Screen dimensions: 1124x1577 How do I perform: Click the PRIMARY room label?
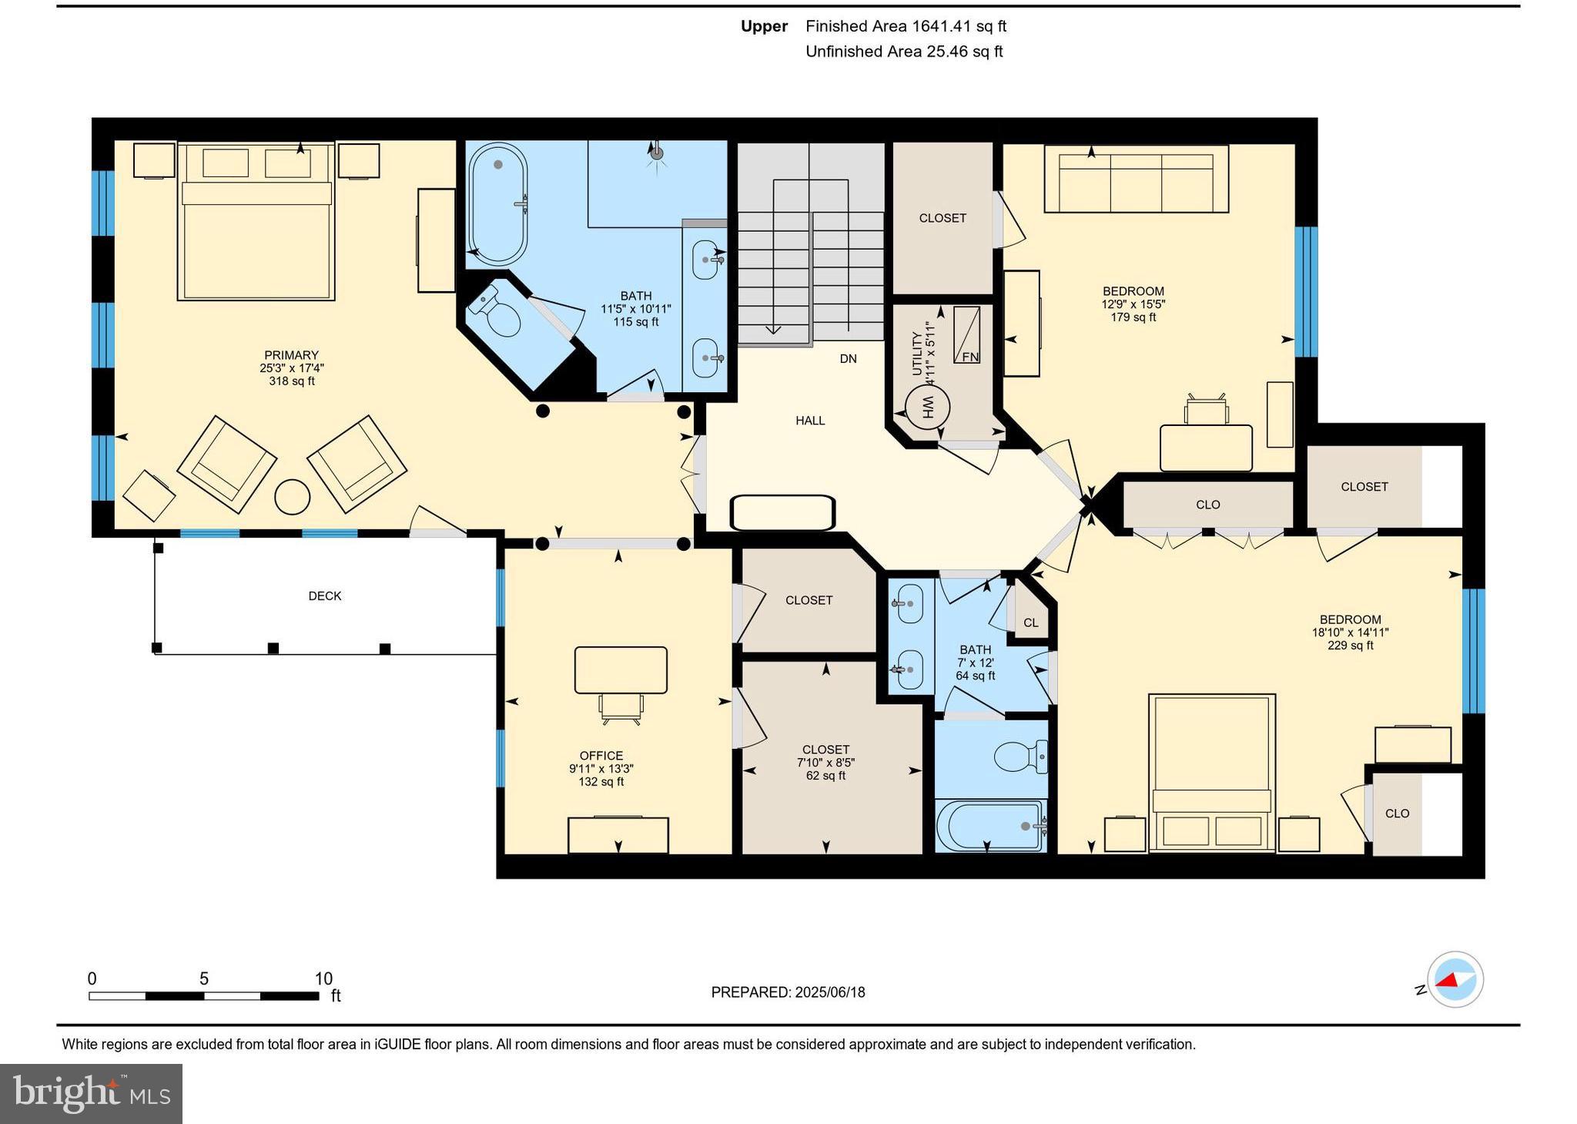point(291,355)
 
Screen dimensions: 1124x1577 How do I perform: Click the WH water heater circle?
point(927,406)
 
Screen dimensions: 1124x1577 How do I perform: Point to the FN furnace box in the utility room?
point(967,335)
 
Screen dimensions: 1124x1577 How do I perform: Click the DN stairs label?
point(848,359)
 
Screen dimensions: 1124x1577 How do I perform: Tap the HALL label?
point(810,421)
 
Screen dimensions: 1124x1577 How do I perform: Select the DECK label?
point(324,596)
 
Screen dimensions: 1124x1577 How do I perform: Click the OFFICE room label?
point(601,756)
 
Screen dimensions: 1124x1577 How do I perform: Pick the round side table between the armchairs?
point(293,497)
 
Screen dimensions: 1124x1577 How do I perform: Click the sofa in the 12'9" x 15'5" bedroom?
point(1136,179)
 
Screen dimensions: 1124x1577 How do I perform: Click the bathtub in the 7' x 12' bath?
point(991,826)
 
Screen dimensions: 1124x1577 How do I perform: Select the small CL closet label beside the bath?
point(1030,622)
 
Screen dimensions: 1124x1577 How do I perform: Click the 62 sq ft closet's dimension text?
point(825,763)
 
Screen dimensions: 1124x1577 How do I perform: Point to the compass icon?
point(1455,980)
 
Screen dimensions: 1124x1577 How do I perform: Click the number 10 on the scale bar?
point(323,978)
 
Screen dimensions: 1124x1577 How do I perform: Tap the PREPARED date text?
point(788,992)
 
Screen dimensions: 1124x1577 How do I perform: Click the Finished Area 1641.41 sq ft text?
point(906,26)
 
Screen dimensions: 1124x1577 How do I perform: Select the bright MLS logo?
point(91,1093)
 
